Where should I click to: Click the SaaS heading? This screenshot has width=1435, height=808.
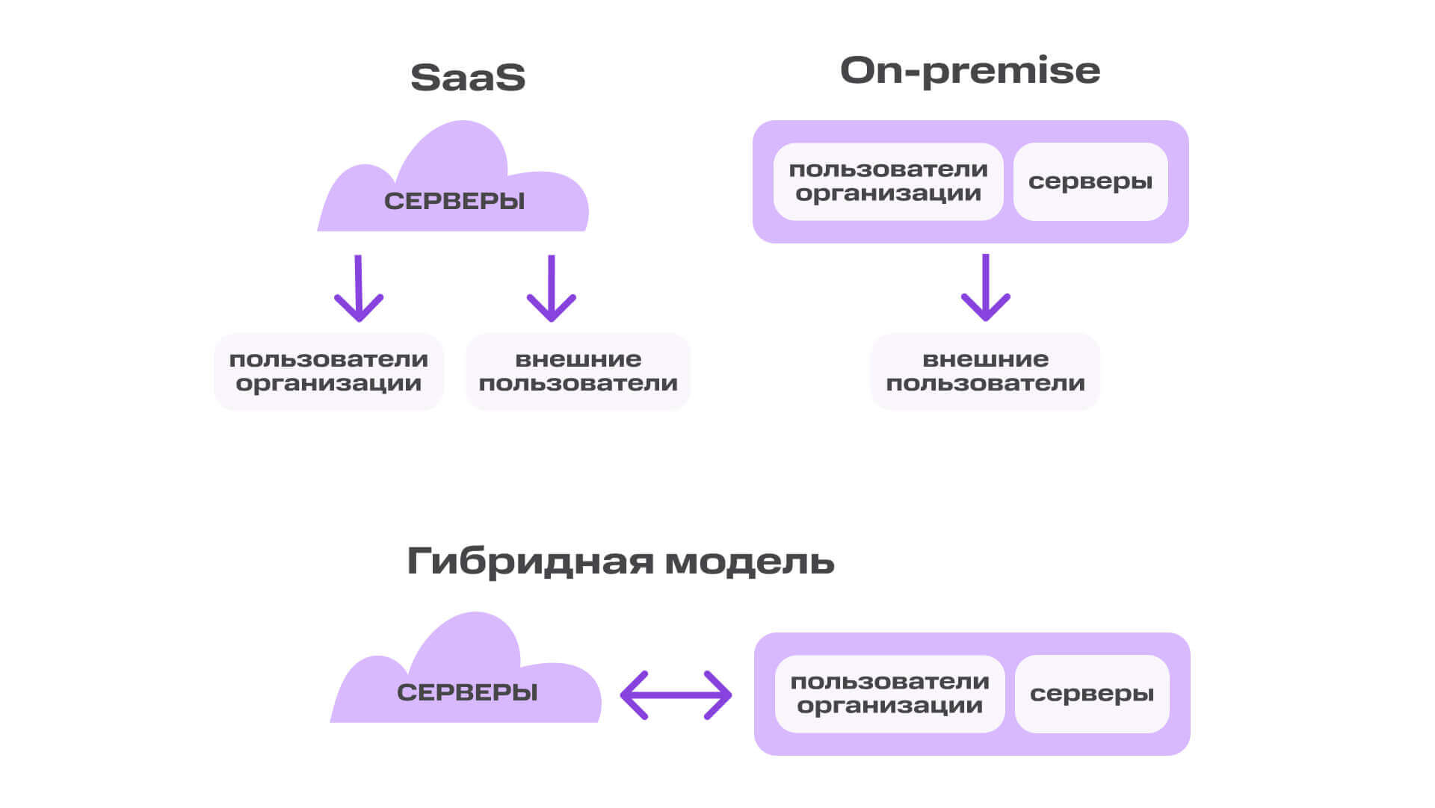tap(468, 78)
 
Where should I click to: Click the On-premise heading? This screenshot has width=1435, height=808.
tap(970, 71)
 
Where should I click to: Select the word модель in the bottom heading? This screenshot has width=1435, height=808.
tap(749, 561)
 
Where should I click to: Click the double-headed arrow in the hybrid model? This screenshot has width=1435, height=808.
tap(676, 695)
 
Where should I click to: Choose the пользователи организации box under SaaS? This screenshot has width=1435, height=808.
tap(329, 371)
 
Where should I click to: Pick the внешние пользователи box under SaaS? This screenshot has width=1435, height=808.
tap(578, 371)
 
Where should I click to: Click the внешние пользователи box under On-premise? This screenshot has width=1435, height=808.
tap(985, 371)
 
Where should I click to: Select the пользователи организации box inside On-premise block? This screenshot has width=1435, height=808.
tap(888, 181)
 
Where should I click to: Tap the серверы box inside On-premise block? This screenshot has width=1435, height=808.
tap(1090, 181)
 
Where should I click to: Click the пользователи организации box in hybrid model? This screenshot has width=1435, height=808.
tap(889, 694)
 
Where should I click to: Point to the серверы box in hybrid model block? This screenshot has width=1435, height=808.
tap(1092, 694)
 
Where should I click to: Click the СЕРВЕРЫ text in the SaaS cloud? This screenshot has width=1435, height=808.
tap(454, 202)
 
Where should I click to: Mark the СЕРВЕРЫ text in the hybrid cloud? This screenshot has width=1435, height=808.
tap(467, 692)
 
